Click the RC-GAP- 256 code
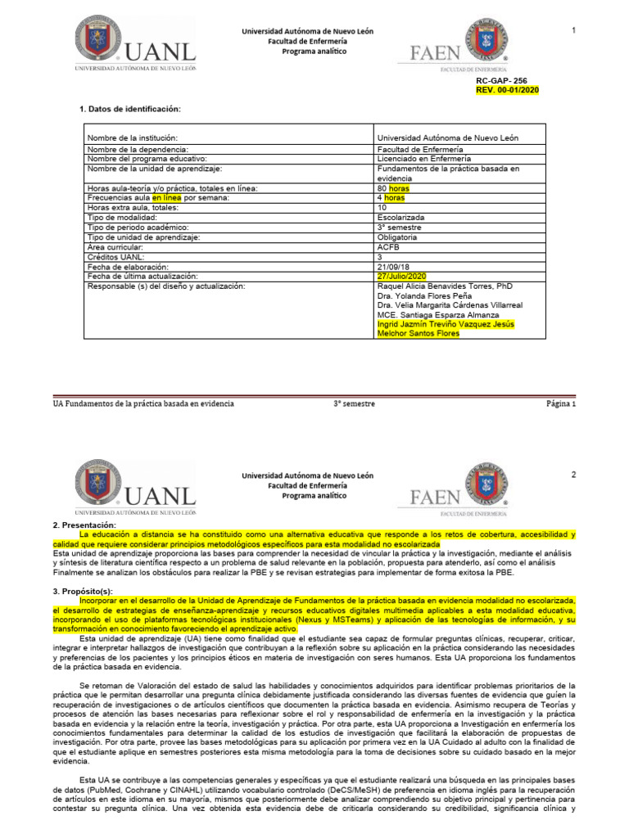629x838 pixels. pos(507,82)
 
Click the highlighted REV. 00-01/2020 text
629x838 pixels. pos(507,90)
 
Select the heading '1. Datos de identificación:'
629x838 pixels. pos(129,109)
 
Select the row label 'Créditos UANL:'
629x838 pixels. pos(115,257)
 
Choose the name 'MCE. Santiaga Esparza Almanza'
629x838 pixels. pos(438,314)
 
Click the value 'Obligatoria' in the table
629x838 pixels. pos(397,237)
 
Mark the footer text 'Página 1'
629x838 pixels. pos(562,403)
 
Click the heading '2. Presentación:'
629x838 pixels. pos(84,525)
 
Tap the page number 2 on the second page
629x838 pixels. pos(574,475)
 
